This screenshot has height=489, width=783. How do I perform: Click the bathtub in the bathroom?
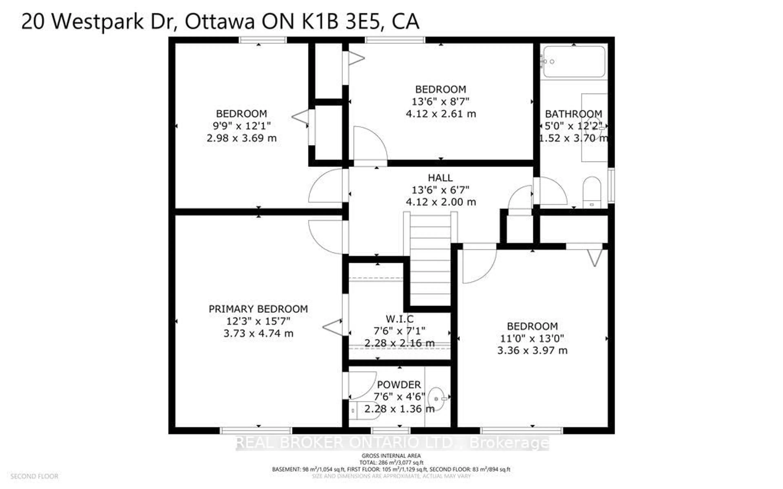point(574,62)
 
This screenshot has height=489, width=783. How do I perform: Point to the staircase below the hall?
point(430,259)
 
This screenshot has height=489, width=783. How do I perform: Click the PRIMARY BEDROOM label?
point(258,309)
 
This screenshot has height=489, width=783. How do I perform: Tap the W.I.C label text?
point(400,319)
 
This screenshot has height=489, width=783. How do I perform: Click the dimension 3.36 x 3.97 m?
point(532,350)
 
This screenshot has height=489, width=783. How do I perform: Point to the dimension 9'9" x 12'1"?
point(241,126)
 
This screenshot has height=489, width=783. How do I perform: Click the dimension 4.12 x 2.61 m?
point(441,113)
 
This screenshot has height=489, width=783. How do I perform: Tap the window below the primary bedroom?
point(256,431)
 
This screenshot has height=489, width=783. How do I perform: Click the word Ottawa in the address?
point(220,21)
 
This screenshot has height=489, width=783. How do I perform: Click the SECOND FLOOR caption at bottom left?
point(34,476)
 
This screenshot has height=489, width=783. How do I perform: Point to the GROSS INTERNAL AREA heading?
point(391,455)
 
